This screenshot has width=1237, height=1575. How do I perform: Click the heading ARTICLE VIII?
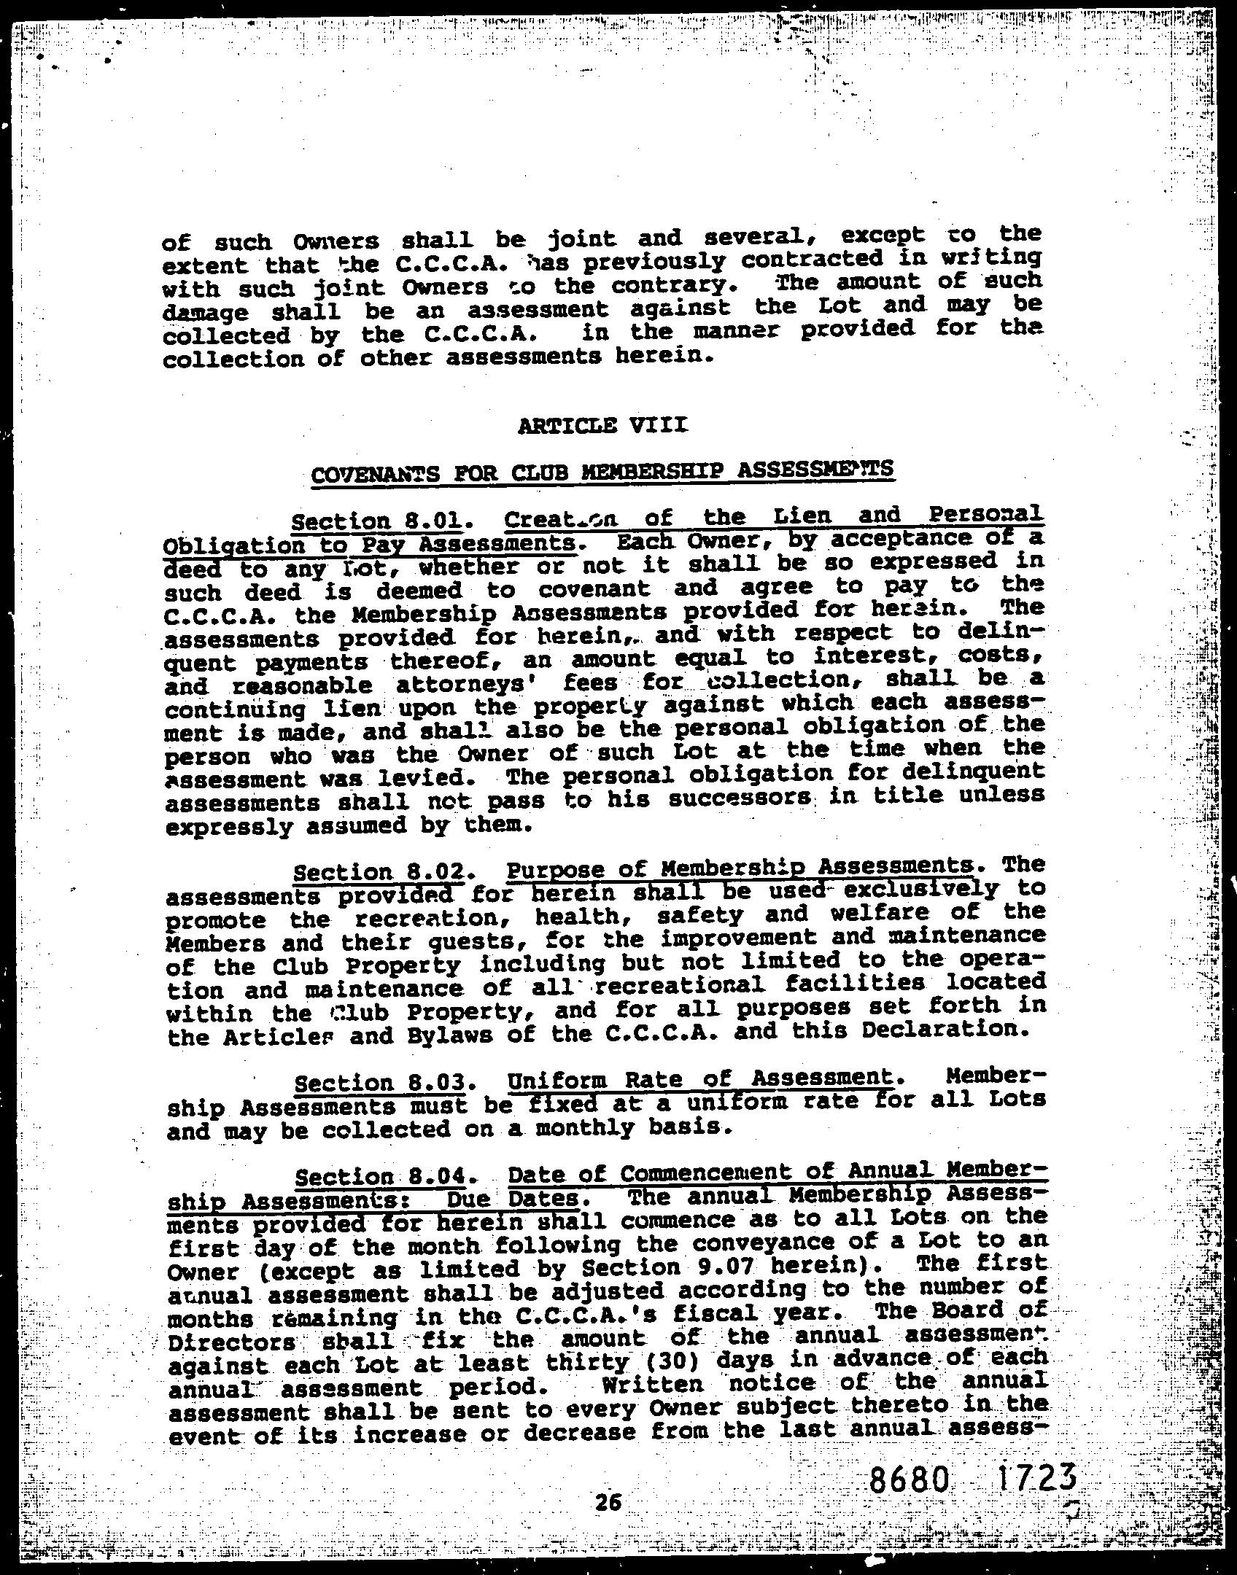click(602, 424)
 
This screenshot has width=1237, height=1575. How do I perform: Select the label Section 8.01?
click(376, 522)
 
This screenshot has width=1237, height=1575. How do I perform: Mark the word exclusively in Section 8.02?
click(912, 889)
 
